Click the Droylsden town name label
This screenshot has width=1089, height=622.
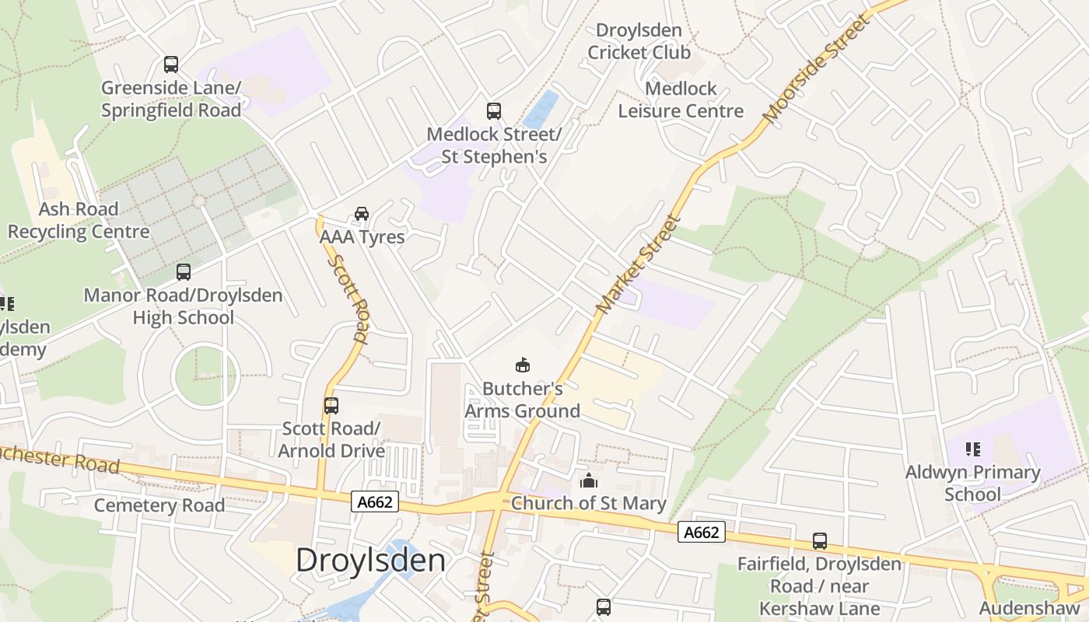pyautogui.click(x=370, y=560)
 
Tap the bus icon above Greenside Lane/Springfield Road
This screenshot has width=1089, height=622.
pyautogui.click(x=171, y=65)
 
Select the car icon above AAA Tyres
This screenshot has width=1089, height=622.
pyautogui.click(x=362, y=214)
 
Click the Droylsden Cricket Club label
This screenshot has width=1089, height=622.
pyautogui.click(x=639, y=41)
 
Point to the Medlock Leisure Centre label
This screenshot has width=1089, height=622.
pyautogui.click(x=681, y=100)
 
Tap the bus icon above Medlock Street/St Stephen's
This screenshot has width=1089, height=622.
pyautogui.click(x=494, y=110)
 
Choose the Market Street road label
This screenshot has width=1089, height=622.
pyautogui.click(x=639, y=265)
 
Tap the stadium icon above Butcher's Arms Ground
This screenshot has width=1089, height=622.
pyautogui.click(x=523, y=365)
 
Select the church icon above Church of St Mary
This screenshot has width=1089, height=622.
pyautogui.click(x=589, y=481)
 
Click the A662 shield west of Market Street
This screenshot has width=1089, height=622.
pyautogui.click(x=375, y=502)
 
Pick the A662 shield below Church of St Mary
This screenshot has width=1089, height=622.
pyautogui.click(x=702, y=532)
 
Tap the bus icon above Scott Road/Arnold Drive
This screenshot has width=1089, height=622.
pyautogui.click(x=331, y=405)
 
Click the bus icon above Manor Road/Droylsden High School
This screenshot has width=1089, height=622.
pyautogui.click(x=184, y=272)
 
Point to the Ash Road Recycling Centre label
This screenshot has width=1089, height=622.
pyautogui.click(x=79, y=220)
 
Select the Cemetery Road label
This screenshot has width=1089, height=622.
pyautogui.click(x=159, y=505)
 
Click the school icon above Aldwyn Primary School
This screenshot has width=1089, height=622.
pyautogui.click(x=972, y=449)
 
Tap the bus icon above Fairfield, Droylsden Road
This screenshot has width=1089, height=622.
pyautogui.click(x=820, y=541)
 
